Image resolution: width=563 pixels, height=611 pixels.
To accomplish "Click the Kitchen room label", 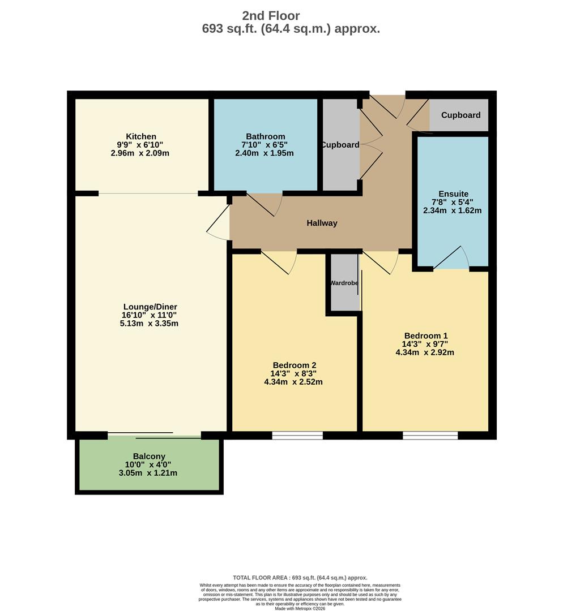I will pos(141,136).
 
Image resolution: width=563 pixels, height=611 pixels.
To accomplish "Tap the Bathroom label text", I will pos(265,136).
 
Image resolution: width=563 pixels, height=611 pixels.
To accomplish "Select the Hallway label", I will pos(322,223).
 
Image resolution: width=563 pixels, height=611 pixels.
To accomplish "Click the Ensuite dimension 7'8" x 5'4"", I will pos(452,202).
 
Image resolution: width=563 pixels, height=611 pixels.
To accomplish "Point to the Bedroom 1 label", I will pos(425,335).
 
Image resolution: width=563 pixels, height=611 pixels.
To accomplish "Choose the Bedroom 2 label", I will pos(294,365).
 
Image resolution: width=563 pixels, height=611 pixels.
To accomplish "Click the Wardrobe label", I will pos(344,283).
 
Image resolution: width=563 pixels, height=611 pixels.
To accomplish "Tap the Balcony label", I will pos(149,456).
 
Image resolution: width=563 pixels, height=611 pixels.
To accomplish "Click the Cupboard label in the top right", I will pos(460,115).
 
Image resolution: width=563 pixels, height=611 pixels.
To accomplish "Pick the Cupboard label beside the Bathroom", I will pos(340,145).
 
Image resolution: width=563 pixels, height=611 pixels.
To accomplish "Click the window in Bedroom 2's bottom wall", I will pos(297,435).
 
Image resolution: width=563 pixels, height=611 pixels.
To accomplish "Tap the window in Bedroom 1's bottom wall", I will pos(430,435).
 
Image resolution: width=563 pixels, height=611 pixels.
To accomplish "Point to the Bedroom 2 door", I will pos(279,263).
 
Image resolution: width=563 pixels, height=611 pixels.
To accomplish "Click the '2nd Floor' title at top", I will pos(271,16).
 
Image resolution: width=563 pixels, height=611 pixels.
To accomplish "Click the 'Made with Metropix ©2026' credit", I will pos(300,608).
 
